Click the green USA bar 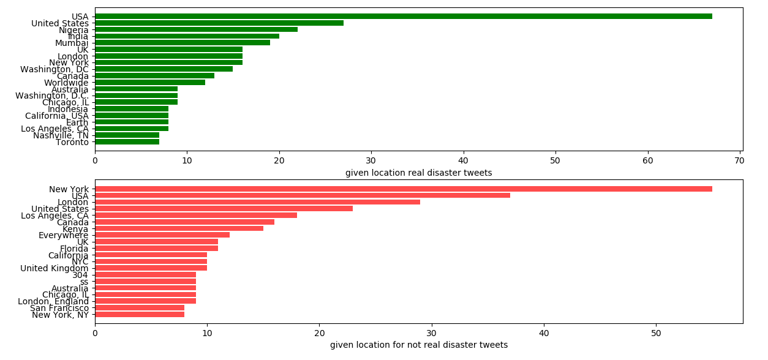tap(403, 17)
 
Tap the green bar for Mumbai tap(182, 43)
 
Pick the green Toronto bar tap(127, 142)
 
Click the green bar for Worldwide tap(150, 83)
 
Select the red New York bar tap(403, 189)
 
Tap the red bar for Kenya tap(179, 228)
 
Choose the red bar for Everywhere tap(162, 235)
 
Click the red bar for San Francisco tap(140, 308)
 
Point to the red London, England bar tap(145, 301)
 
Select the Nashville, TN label tap(61, 135)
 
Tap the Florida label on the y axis tap(74, 249)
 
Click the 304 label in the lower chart tap(80, 275)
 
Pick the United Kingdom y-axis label tap(55, 268)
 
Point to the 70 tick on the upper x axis tap(740, 160)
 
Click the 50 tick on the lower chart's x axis tap(656, 333)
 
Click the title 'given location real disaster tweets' tap(418, 173)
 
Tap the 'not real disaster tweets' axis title tap(418, 345)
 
